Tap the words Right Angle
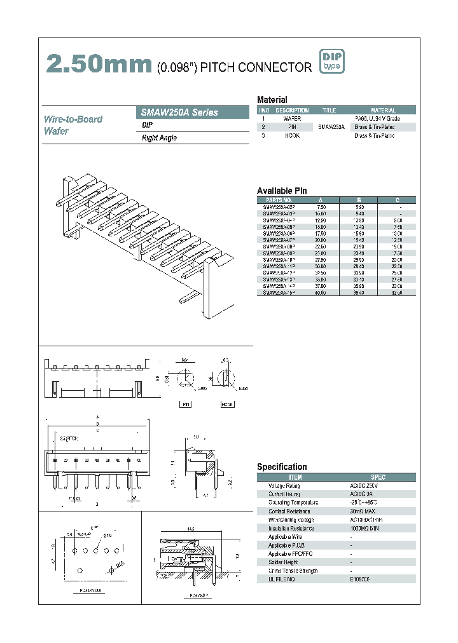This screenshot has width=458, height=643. coord(160,138)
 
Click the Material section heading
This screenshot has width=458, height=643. coord(272,100)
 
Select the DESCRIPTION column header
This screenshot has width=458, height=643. coord(292,111)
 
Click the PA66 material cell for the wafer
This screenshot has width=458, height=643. coord(383,119)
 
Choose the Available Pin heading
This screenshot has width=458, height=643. coord(282,191)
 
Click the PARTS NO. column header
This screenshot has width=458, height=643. coord(278,200)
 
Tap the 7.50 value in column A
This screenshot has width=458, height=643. coord(321,207)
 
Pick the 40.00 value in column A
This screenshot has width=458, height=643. coord(321,293)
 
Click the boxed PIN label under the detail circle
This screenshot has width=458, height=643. coord(186,404)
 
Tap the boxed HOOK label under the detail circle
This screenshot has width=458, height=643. coord(227,404)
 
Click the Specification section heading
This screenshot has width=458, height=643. coord(282,467)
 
